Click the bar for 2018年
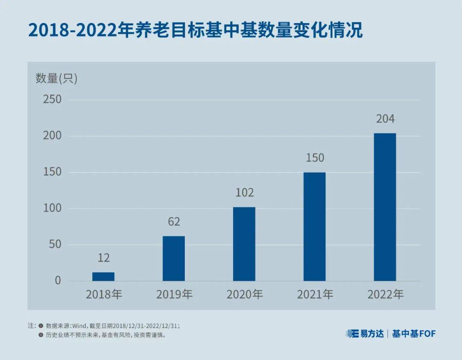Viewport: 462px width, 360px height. pyautogui.click(x=103, y=277)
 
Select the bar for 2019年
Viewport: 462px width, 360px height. pyautogui.click(x=174, y=259)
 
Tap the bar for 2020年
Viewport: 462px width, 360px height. pyautogui.click(x=244, y=244)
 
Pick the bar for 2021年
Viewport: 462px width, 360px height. pyautogui.click(x=314, y=226)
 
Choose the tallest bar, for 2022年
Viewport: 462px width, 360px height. pyautogui.click(x=385, y=207)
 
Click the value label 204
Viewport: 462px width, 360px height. pyautogui.click(x=385, y=119)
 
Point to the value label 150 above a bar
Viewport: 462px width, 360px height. pyautogui.click(x=315, y=158)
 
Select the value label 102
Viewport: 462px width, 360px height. pyautogui.click(x=244, y=193)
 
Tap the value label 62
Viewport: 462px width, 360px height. pyautogui.click(x=174, y=222)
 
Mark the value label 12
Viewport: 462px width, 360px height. pyautogui.click(x=104, y=258)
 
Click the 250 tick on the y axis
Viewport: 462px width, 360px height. pyautogui.click(x=52, y=99)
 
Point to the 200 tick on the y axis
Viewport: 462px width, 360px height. pyautogui.click(x=52, y=136)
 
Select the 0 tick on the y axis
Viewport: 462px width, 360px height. pyautogui.click(x=58, y=281)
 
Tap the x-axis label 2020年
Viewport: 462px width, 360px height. pyautogui.click(x=244, y=295)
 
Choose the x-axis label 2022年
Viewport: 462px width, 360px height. pyautogui.click(x=385, y=295)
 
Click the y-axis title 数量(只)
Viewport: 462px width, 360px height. pyautogui.click(x=56, y=78)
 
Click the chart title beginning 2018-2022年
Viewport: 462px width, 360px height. pyautogui.click(x=195, y=31)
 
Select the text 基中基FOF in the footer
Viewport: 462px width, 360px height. pyautogui.click(x=414, y=333)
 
